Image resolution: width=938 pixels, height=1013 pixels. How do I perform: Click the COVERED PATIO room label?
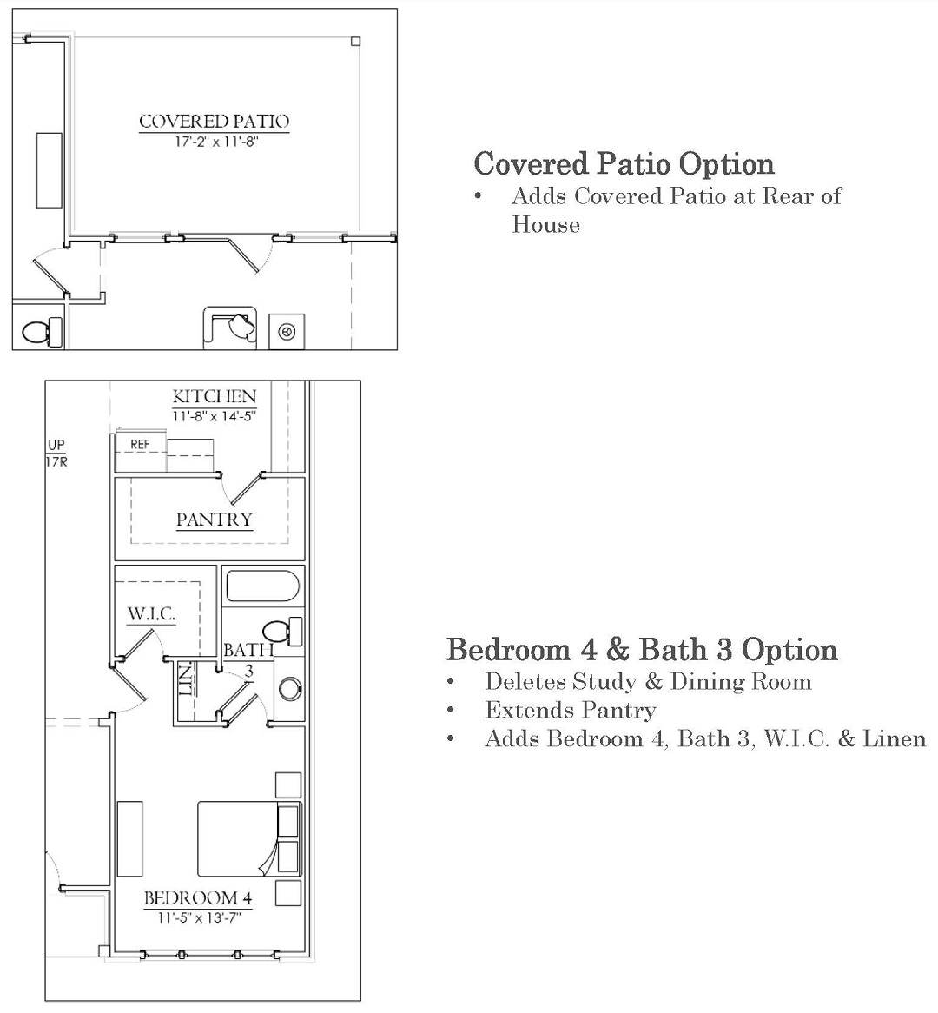click(x=214, y=122)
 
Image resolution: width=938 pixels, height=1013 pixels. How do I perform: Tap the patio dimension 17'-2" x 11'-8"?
click(x=215, y=142)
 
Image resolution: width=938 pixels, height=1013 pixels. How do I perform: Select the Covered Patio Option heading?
click(x=624, y=164)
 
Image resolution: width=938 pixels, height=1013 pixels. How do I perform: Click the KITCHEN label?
click(x=215, y=396)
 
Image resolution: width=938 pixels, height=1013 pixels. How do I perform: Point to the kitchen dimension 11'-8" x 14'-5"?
click(x=214, y=417)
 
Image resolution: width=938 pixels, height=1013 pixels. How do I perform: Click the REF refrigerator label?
click(x=140, y=445)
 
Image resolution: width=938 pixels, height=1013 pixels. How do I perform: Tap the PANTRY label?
click(x=214, y=520)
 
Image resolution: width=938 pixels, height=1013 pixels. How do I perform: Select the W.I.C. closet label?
click(x=152, y=613)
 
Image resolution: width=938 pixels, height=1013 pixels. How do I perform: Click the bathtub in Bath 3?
click(x=262, y=586)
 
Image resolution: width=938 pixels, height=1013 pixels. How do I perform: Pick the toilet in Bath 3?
click(x=283, y=632)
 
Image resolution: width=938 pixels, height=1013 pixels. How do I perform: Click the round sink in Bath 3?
click(x=290, y=689)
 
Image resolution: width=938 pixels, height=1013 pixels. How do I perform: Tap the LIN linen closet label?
click(x=186, y=679)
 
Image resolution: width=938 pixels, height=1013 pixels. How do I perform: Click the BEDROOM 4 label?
click(x=198, y=898)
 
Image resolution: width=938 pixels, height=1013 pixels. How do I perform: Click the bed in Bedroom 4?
click(x=249, y=839)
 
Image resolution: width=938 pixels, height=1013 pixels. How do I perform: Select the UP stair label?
click(x=56, y=445)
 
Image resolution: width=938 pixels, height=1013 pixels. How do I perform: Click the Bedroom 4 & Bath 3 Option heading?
click(x=642, y=650)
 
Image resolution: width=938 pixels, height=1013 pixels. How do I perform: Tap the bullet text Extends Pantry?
click(x=571, y=711)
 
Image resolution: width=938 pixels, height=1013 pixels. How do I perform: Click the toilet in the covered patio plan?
click(x=43, y=332)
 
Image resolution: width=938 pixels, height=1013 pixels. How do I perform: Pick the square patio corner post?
click(x=355, y=42)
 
